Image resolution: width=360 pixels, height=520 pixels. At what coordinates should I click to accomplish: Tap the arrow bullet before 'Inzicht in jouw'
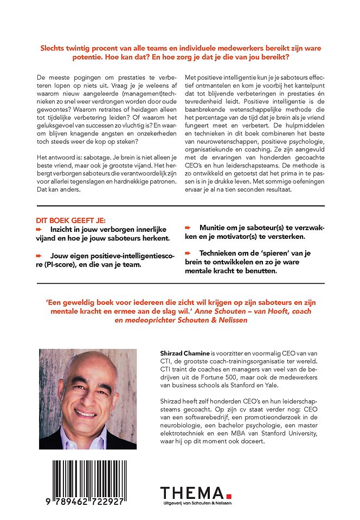(38, 230)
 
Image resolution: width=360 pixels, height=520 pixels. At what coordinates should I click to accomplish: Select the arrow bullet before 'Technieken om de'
(189, 252)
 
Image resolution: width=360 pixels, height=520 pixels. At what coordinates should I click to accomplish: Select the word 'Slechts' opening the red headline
(54, 48)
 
